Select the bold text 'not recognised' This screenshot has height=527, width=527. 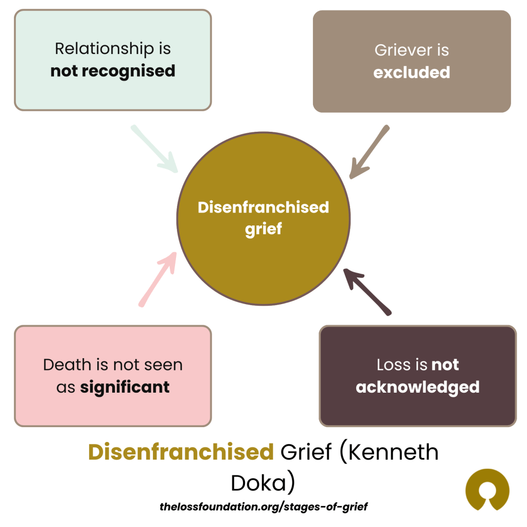tap(113, 71)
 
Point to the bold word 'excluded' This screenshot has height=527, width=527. tap(412, 73)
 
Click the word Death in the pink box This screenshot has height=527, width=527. tap(64, 365)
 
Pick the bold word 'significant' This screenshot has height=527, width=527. tap(125, 387)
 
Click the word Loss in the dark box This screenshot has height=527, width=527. tap(394, 365)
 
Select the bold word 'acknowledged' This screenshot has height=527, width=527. tap(417, 387)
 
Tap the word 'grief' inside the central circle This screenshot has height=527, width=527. tap(263, 229)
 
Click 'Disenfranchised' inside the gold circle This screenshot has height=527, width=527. tap(263, 207)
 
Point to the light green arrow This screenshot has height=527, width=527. tap(154, 149)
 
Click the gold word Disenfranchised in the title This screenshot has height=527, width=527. tap(181, 452)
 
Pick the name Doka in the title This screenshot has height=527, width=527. tap(263, 483)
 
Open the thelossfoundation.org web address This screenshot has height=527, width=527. tap(263, 506)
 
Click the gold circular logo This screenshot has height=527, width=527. tap(487, 490)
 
